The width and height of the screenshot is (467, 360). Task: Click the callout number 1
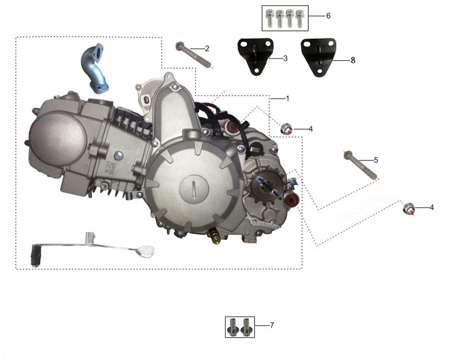coord(287,98)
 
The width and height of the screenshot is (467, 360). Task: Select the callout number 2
coord(207,49)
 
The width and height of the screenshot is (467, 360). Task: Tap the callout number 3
coord(285,58)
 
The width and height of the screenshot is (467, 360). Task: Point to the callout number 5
coord(376,160)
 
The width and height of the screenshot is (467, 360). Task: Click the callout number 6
coord(328,15)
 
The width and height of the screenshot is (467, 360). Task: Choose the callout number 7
coord(272,325)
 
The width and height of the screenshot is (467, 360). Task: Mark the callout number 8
coord(353,60)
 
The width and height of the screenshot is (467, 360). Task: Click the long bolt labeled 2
coord(193,55)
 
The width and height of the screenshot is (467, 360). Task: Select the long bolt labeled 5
coord(361,165)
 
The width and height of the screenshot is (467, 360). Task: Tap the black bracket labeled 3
coord(255,56)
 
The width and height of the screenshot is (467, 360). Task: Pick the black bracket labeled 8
coord(318,57)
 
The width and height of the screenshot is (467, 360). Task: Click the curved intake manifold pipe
coord(94,69)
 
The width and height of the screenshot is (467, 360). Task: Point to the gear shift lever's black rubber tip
coord(35,255)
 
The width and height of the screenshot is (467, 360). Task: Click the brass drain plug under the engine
coord(215,236)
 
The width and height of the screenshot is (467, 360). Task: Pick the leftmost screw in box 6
coord(269,18)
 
